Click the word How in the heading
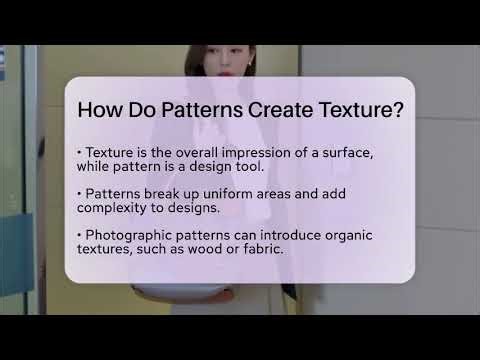pos(100,109)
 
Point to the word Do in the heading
pos(144,109)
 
